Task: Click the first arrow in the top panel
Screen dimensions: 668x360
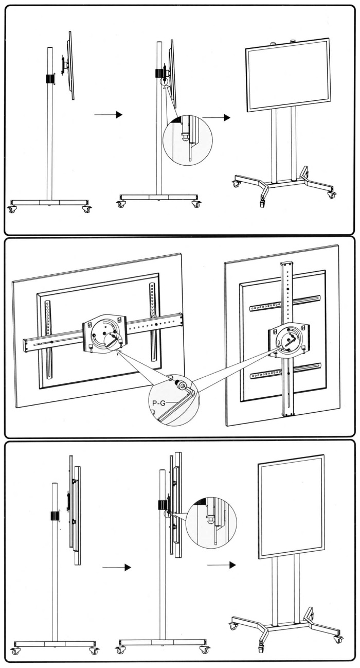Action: (109, 114)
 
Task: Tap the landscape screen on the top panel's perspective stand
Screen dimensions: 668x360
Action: (288, 75)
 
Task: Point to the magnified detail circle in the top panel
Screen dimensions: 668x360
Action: (187, 140)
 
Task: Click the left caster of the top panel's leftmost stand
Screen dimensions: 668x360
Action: (12, 209)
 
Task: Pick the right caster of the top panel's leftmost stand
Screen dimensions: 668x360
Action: (86, 209)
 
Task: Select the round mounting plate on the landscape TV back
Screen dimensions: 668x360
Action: (105, 335)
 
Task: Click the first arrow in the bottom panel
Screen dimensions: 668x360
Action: (117, 567)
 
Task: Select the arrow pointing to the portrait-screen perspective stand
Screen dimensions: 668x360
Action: (222, 565)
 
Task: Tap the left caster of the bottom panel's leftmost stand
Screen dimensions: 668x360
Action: (16, 651)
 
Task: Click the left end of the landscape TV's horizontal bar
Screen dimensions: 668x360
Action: (27, 345)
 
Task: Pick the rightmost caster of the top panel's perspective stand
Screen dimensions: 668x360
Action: (332, 195)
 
